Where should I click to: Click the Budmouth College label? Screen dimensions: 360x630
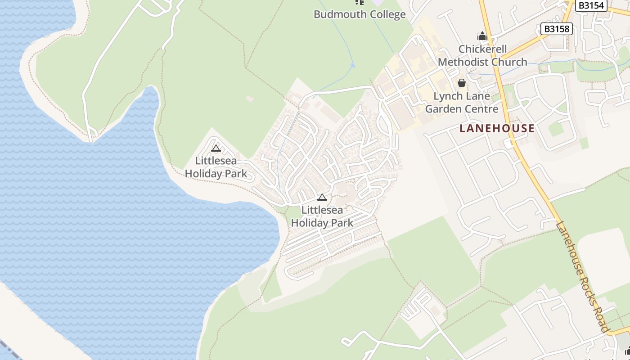point(360,14)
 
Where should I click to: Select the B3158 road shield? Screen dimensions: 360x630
point(557,29)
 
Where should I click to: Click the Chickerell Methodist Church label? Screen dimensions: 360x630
point(482,55)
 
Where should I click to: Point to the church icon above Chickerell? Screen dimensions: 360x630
point(482,36)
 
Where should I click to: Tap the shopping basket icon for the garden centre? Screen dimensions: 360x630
point(461,83)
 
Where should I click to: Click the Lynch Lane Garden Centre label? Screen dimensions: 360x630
point(462,103)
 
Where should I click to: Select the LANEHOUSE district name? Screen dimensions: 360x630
point(497,129)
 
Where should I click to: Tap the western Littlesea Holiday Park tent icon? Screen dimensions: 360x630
point(216,148)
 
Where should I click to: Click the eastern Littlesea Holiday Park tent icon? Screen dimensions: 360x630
point(322,197)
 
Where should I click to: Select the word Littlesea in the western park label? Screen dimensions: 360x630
point(216,161)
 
